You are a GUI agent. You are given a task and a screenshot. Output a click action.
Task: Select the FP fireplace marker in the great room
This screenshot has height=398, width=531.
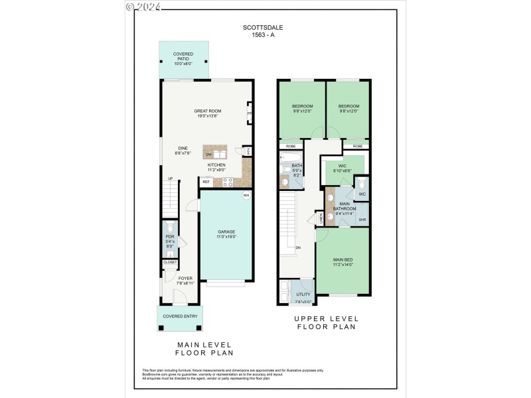tap(250, 113)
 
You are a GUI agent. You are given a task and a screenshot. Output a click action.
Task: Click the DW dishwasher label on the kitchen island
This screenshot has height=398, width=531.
tap(208, 155)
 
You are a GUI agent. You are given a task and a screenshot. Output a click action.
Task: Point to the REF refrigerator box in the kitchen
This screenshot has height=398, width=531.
tap(206, 181)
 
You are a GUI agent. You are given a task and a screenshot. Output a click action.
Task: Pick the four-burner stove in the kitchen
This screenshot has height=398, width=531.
tap(227, 181)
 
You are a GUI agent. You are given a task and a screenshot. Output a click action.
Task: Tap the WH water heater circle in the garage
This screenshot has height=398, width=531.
tap(246, 195)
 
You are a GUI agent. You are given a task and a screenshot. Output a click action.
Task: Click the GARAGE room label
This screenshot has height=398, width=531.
tap(225, 233)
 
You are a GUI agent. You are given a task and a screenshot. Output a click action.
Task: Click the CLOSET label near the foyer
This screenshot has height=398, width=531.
tap(170, 262)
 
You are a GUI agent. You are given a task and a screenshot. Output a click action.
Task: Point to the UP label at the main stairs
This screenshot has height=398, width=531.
tap(170, 178)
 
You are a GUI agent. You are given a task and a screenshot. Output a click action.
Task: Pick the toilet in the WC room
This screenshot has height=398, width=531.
tap(362, 185)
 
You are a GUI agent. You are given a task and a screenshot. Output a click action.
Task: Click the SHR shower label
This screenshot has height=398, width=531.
tap(362, 220)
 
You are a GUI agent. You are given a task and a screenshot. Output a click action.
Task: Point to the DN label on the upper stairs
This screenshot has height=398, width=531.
tap(298, 247)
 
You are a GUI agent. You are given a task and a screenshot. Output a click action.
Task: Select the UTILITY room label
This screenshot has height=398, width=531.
tap(303, 294)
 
